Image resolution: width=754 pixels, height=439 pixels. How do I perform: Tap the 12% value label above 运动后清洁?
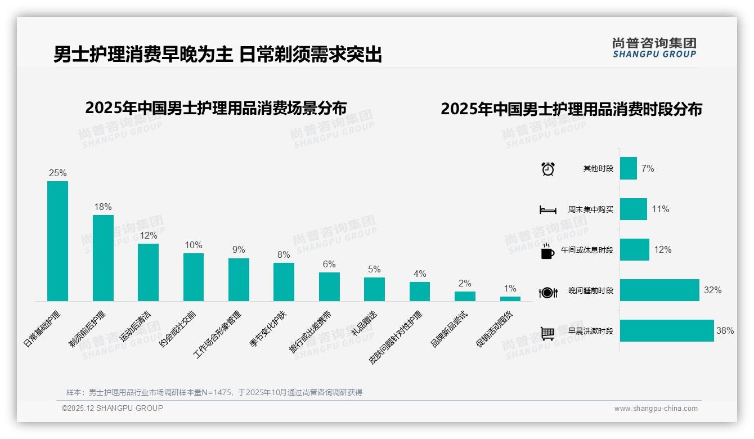[x=149, y=235]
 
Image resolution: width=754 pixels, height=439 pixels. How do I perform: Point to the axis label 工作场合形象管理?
[x=218, y=334]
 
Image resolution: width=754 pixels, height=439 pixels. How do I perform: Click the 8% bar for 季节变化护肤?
[x=284, y=282]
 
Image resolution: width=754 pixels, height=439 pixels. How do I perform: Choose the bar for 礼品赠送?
[x=374, y=289]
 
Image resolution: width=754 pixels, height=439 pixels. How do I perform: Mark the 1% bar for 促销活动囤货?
[x=510, y=299]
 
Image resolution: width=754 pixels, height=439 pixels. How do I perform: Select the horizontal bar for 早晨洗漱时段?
[x=667, y=331]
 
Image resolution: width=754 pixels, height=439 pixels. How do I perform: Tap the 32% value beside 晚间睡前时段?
[x=712, y=290]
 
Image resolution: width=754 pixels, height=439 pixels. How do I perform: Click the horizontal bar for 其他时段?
[x=629, y=168]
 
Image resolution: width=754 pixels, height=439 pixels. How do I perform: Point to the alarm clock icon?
[x=548, y=169]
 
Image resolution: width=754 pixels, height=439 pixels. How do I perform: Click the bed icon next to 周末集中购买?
[x=548, y=210]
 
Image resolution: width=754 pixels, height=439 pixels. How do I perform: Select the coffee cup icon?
[x=547, y=251]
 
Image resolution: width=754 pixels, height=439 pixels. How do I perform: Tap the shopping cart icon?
[x=547, y=333]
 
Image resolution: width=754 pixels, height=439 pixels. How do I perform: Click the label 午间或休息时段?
[x=587, y=250]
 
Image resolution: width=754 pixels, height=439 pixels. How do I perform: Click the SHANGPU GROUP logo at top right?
[x=654, y=47]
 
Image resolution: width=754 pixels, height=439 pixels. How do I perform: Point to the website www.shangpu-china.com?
[x=656, y=409]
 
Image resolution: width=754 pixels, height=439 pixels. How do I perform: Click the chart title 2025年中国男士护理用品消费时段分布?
[x=571, y=109]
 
